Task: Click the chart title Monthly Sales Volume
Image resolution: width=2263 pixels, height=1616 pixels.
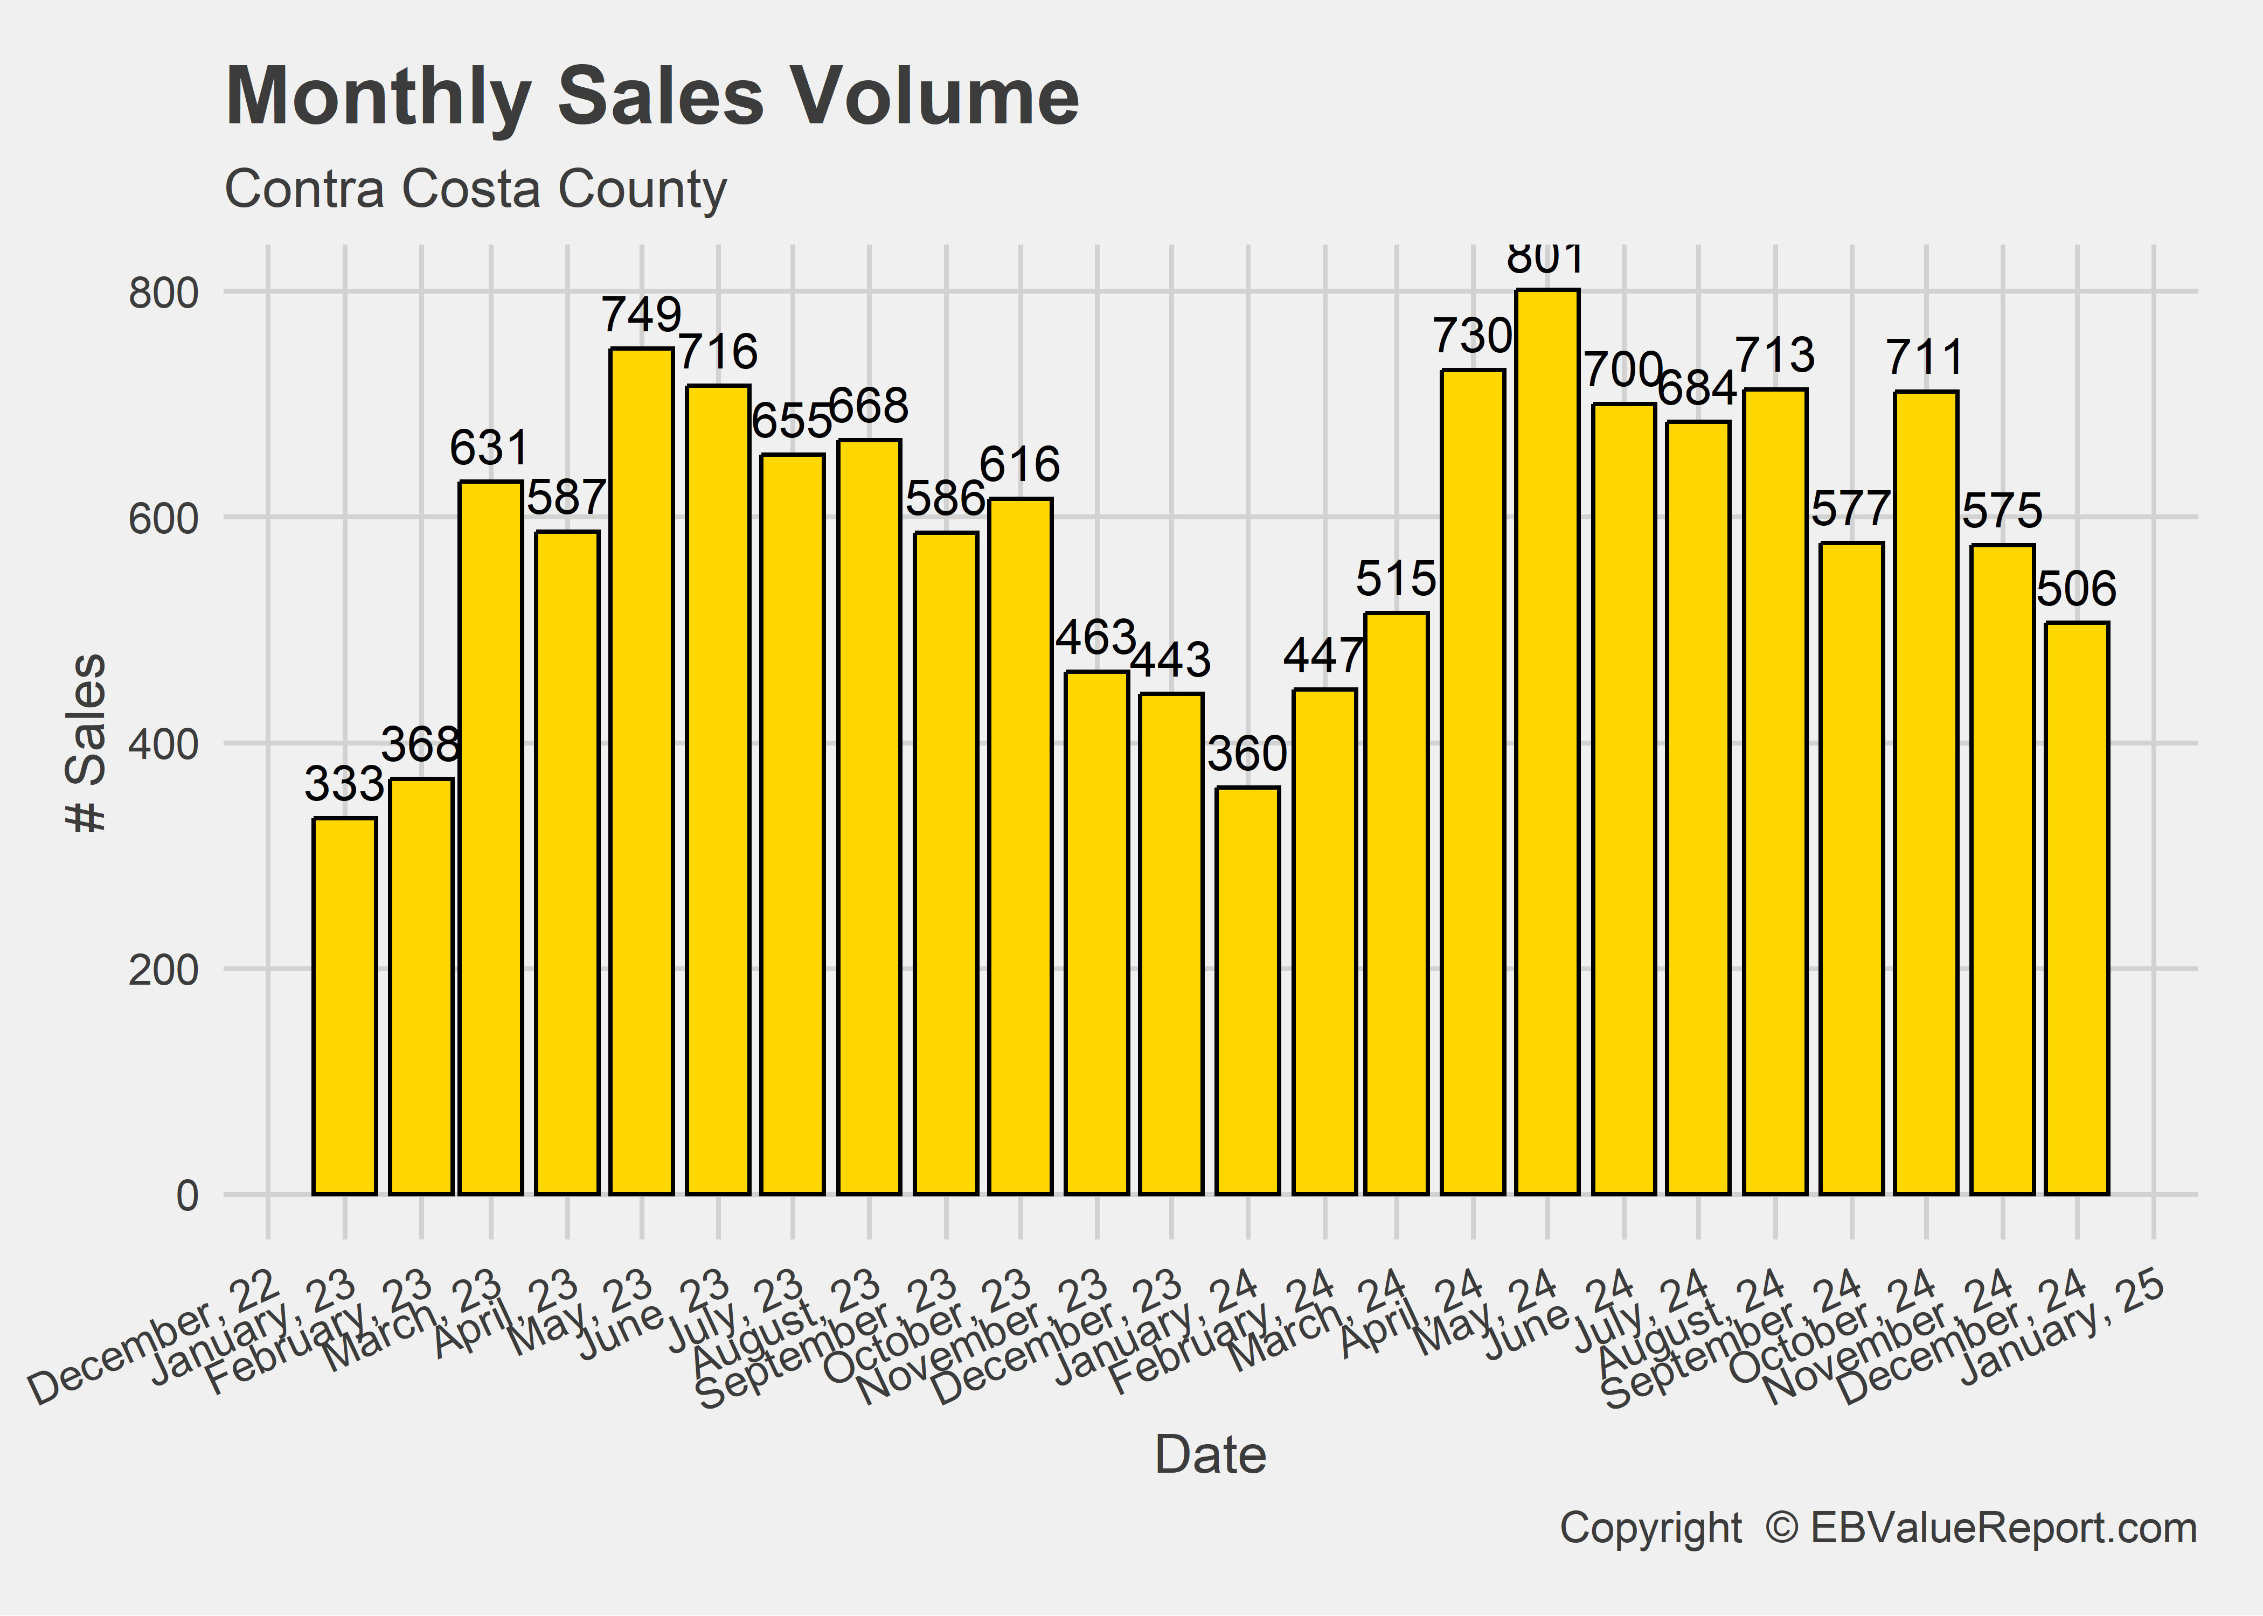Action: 652,96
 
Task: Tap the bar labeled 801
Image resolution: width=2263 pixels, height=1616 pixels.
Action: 1547,741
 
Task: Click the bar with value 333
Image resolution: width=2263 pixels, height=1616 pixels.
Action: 344,1005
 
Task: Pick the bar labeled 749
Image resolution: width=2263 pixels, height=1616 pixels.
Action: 642,771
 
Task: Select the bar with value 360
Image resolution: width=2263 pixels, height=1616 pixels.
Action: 1248,990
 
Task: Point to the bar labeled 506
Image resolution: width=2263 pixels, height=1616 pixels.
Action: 2077,908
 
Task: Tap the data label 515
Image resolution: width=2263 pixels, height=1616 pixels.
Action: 1396,578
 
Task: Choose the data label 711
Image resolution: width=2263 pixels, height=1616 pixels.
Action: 1926,357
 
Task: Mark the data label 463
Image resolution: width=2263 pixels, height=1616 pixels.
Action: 1096,637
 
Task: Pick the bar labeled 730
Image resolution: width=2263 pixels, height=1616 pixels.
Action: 1473,781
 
